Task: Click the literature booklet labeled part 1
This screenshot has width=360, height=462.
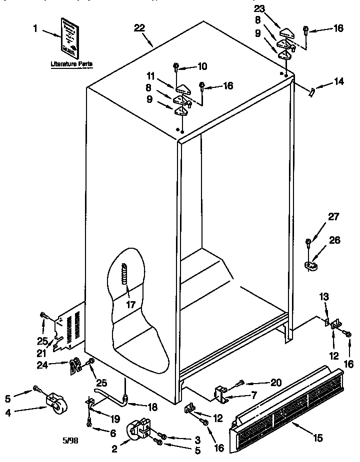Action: pyautogui.click(x=70, y=37)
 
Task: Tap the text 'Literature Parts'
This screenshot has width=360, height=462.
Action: pyautogui.click(x=71, y=64)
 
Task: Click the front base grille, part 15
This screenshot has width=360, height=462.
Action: pyautogui.click(x=287, y=411)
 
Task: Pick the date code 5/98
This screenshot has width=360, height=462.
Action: pyautogui.click(x=70, y=441)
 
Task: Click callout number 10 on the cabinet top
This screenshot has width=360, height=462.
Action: pyautogui.click(x=201, y=66)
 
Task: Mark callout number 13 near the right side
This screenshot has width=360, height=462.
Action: pyautogui.click(x=323, y=298)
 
